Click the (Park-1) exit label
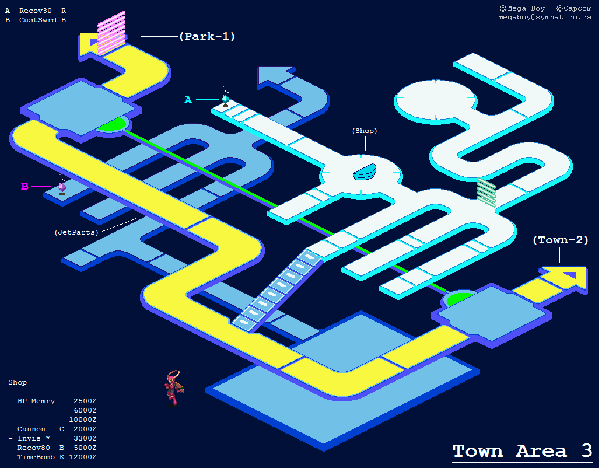coord(207,36)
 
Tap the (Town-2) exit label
coord(561,240)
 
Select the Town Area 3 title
coord(522,450)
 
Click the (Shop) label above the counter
coord(365,131)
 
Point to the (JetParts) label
coord(76,232)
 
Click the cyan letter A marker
coord(188,100)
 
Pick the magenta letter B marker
coord(25,187)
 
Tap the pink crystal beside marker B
coord(62,187)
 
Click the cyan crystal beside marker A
coord(225,100)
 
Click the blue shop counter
coord(365,172)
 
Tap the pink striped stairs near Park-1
coord(111,33)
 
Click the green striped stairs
coord(486,193)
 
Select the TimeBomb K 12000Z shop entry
coord(52,457)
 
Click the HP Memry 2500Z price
coord(85,401)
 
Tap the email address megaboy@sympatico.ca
coord(544,18)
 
